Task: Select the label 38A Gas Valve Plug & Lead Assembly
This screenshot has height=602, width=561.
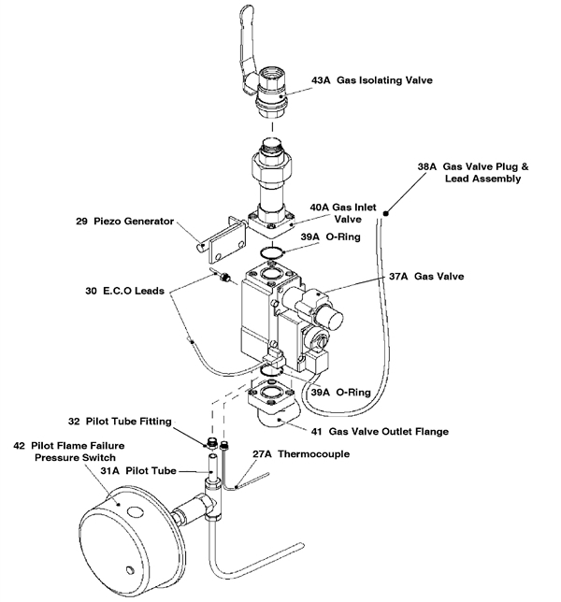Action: pos(473,172)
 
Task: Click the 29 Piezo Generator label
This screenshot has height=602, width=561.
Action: pos(125,222)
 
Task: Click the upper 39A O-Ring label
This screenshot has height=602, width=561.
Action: pos(338,237)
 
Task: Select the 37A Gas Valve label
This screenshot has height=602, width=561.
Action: pos(425,277)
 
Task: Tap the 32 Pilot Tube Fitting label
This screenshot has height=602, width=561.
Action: pos(121,422)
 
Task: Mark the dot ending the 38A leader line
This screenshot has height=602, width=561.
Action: pos(383,213)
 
